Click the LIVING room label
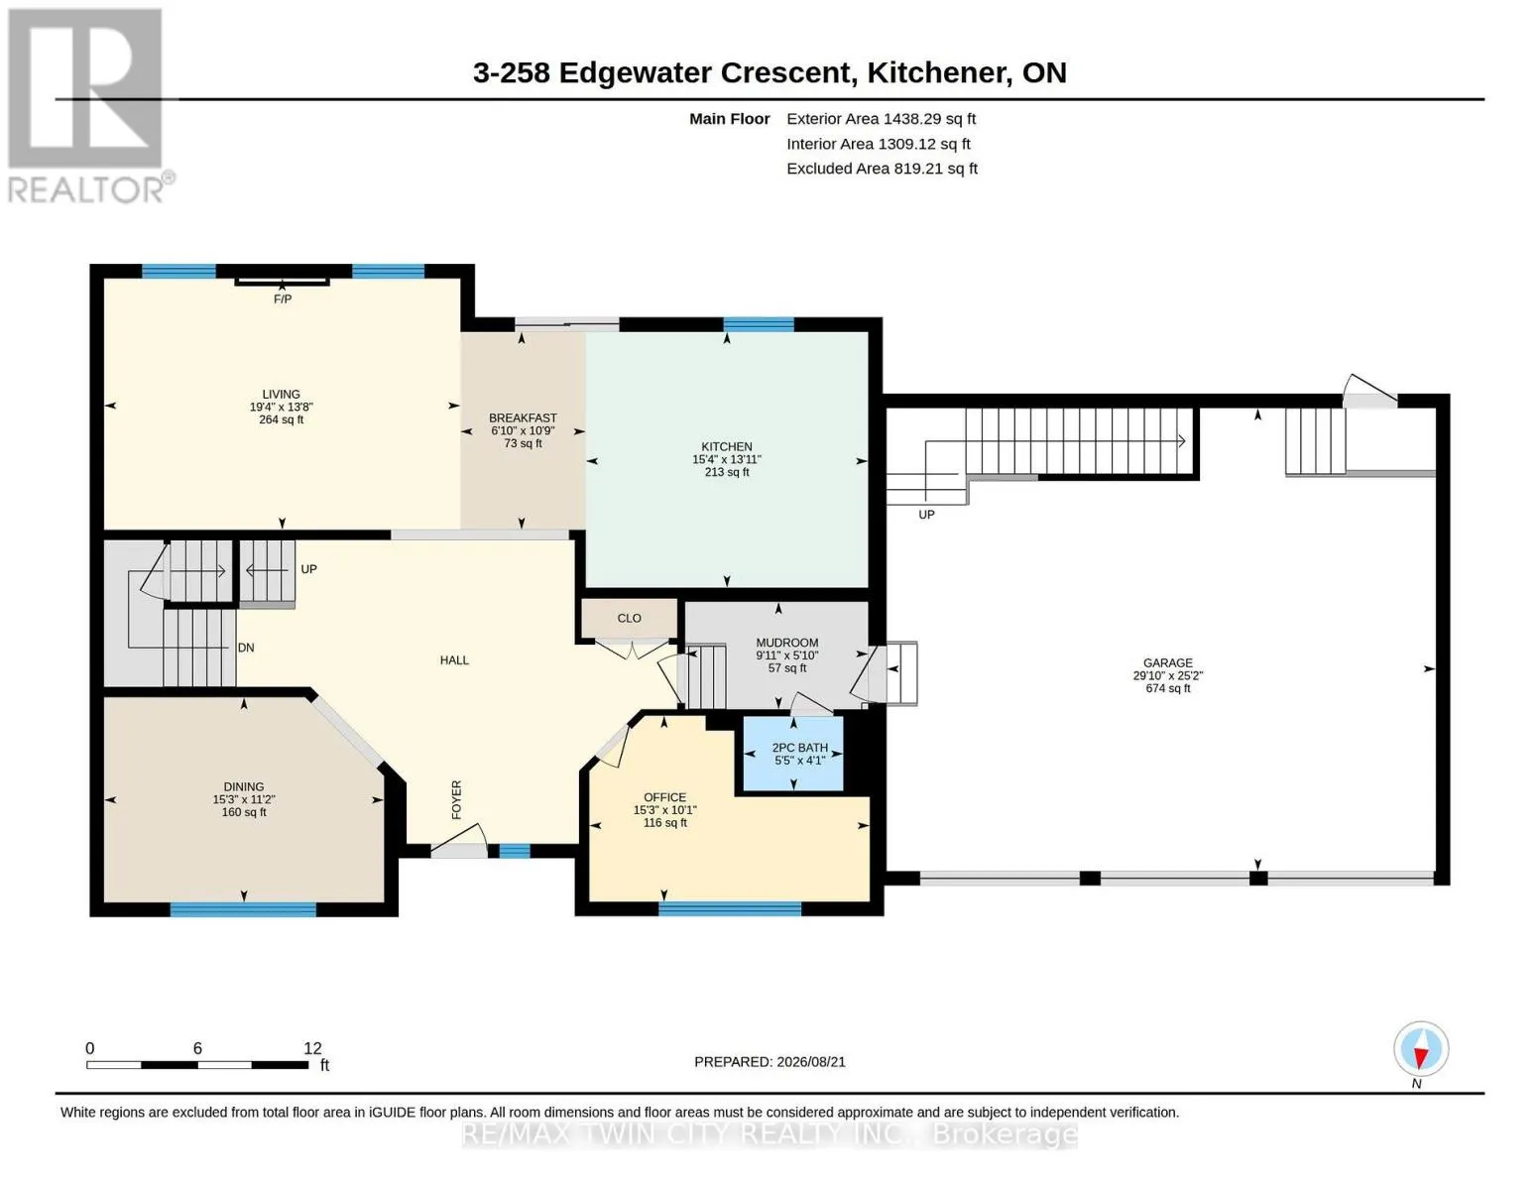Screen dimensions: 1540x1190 click(282, 394)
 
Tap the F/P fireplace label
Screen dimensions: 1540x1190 click(282, 299)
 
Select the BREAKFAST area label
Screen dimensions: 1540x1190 click(523, 418)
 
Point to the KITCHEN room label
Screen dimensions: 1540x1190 click(727, 446)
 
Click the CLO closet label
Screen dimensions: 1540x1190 click(629, 618)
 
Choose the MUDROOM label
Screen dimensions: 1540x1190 click(786, 643)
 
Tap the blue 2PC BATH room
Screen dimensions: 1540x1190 click(793, 754)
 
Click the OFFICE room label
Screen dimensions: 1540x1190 click(664, 797)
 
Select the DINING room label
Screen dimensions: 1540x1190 click(244, 786)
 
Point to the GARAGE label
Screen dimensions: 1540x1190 click(1167, 663)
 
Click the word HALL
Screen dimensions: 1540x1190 click(454, 660)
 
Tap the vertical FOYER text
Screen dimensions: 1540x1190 click(456, 799)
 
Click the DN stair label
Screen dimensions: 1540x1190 click(246, 648)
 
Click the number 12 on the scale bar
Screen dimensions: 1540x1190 click(312, 1048)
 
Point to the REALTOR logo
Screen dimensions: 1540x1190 click(89, 106)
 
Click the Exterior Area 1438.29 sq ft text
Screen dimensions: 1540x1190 click(881, 119)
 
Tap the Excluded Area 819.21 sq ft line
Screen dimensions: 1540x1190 click(882, 169)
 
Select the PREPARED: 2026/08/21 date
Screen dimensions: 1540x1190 click(770, 1062)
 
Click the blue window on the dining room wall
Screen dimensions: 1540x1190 click(243, 909)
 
